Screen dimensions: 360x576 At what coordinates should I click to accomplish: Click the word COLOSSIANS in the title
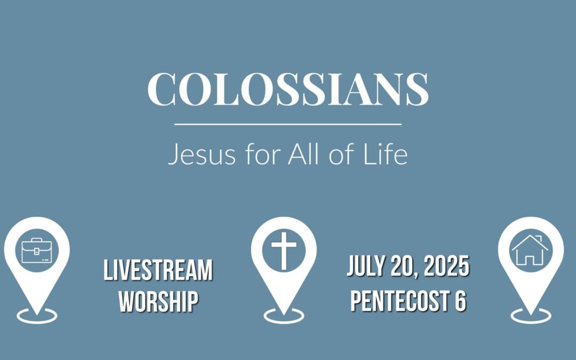(288, 89)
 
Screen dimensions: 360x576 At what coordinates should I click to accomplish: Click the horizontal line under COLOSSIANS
(288, 124)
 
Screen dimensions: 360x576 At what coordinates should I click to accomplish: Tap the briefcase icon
(36, 250)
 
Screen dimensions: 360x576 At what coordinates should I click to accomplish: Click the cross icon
(283, 250)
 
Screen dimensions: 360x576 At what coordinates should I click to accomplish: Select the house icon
(530, 250)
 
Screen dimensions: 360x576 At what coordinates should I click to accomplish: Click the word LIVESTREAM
(158, 270)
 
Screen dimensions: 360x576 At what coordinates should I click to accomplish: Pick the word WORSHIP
(158, 301)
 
